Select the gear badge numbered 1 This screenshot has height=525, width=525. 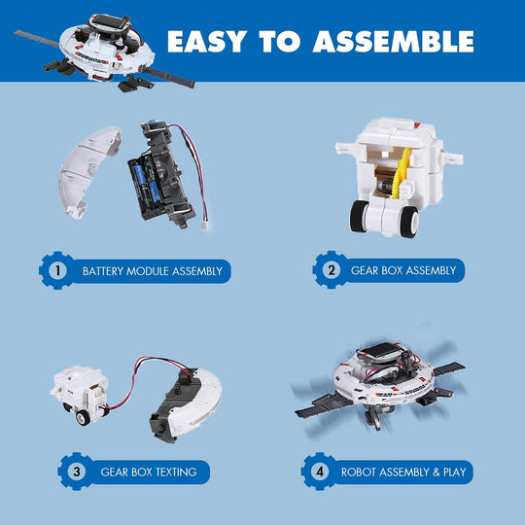click(x=56, y=270)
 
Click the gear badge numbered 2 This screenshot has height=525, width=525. click(x=329, y=269)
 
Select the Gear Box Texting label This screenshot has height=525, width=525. click(x=148, y=472)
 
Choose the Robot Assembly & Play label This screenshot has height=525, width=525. click(x=403, y=472)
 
